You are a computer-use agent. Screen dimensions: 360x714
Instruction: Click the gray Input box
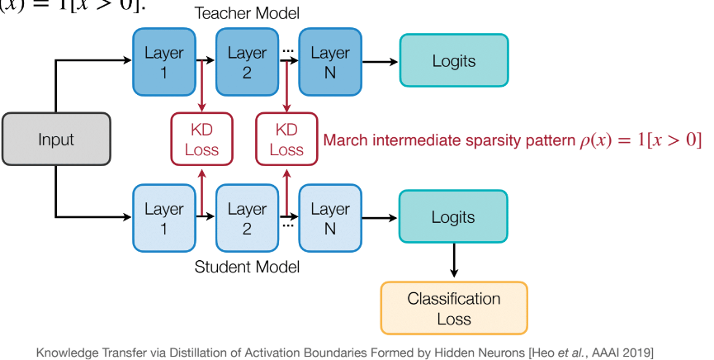[x=56, y=140]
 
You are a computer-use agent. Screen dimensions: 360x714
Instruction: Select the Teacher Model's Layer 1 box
[x=163, y=62]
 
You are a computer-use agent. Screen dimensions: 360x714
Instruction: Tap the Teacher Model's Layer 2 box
[x=247, y=62]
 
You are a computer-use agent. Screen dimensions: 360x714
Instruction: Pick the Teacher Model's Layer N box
[x=330, y=62]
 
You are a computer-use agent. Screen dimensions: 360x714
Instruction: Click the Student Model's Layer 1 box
[x=163, y=218]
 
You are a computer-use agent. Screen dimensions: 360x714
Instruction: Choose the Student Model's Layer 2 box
[x=247, y=218]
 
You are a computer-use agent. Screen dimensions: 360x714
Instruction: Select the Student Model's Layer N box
[x=330, y=218]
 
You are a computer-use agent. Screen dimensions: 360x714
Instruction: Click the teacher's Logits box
[x=453, y=61]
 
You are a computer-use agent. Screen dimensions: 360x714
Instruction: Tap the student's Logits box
[x=453, y=218]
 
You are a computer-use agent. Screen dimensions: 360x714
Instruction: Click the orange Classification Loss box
[x=453, y=308]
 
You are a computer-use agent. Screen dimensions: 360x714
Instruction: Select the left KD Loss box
[x=201, y=140]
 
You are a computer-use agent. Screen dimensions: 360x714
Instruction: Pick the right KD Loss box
[x=286, y=140]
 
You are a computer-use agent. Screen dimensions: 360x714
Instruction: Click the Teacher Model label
[x=246, y=13]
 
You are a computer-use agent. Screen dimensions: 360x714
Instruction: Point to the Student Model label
[x=246, y=267]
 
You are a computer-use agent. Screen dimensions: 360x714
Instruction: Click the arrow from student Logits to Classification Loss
[x=453, y=263]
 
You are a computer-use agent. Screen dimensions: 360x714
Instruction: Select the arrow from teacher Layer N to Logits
[x=380, y=62]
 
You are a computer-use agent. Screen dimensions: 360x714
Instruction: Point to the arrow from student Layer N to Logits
[x=380, y=218]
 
